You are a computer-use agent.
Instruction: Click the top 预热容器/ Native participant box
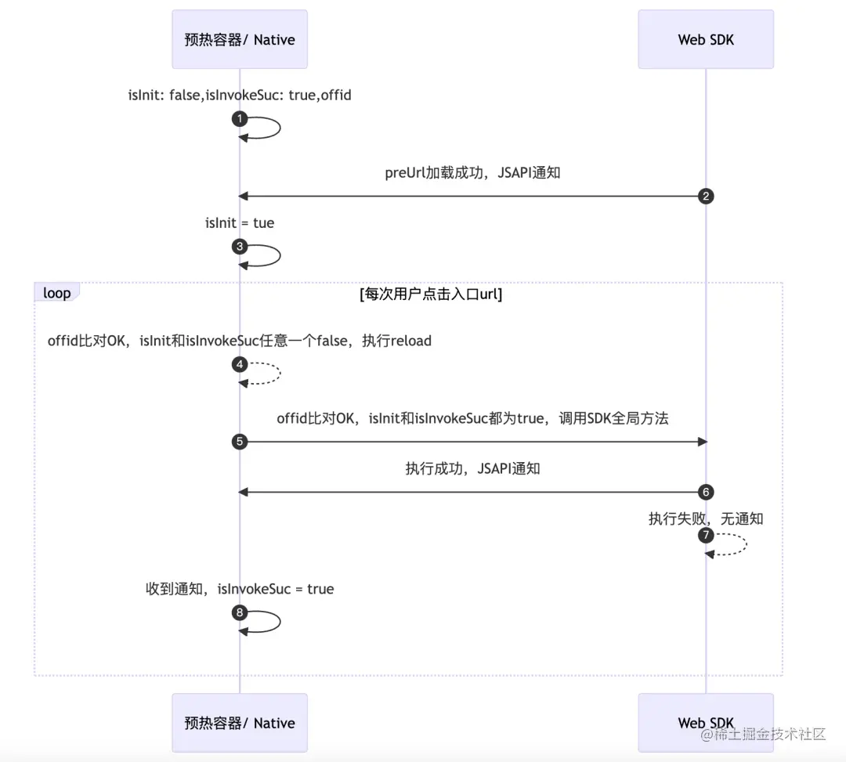click(x=240, y=39)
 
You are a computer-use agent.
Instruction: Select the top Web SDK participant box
click(x=706, y=39)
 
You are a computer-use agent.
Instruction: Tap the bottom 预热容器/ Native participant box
click(x=240, y=723)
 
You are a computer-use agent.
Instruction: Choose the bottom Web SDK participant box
click(x=706, y=723)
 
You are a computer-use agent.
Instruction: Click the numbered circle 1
click(x=240, y=119)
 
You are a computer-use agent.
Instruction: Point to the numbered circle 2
click(x=706, y=197)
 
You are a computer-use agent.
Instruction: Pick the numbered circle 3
click(x=240, y=247)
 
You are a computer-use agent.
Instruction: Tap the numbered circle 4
click(x=240, y=364)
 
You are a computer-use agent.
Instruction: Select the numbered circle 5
click(x=240, y=442)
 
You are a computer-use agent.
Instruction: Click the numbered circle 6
click(x=706, y=492)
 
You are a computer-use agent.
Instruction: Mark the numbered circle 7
click(x=706, y=536)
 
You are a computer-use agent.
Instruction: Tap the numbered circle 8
click(x=240, y=612)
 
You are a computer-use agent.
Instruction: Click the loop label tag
click(x=56, y=293)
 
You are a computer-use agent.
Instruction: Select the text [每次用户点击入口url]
click(x=430, y=294)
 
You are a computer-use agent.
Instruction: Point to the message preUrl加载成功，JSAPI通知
click(x=472, y=173)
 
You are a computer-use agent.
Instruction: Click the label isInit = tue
click(x=240, y=223)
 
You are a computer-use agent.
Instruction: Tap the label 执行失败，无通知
click(x=706, y=518)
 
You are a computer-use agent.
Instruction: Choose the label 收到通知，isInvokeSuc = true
click(x=240, y=589)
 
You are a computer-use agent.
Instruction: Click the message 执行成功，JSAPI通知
click(x=472, y=469)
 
